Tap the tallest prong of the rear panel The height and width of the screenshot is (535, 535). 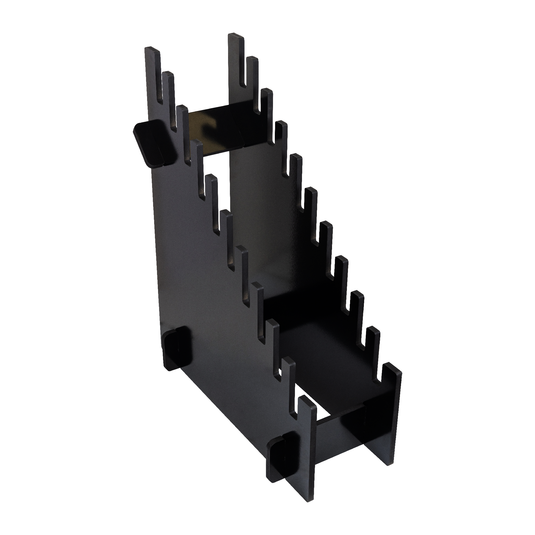coord(236,55)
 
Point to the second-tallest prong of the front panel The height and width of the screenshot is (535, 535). coord(168,91)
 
